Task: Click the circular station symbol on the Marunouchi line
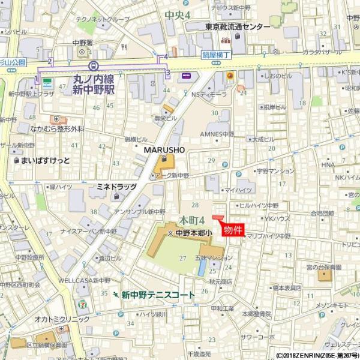coord(92,67)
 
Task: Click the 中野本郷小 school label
coord(192,233)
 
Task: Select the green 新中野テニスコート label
coord(158,295)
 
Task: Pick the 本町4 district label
coord(192,220)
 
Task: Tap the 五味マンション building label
coord(214,259)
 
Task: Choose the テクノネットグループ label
coord(102,19)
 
